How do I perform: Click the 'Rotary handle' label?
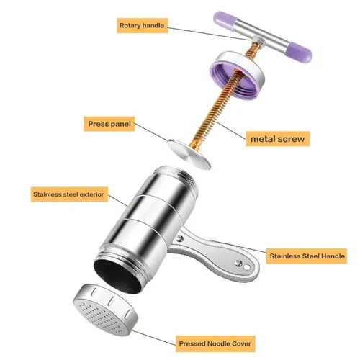tap(142, 25)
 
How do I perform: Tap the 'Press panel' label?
tap(109, 124)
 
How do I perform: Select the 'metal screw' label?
tap(278, 139)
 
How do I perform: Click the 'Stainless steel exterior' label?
tap(69, 194)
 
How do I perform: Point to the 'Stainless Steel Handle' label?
tap(307, 256)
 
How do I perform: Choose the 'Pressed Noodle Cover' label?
tap(215, 343)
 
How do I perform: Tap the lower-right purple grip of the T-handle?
tap(299, 53)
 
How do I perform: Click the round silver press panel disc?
tap(189, 154)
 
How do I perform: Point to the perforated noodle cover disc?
tap(106, 310)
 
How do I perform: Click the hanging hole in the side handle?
tap(246, 267)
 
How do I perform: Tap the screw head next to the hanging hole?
tap(238, 263)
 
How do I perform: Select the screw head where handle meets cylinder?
tap(179, 238)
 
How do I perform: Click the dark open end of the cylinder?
tap(118, 276)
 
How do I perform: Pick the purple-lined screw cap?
tap(237, 73)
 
